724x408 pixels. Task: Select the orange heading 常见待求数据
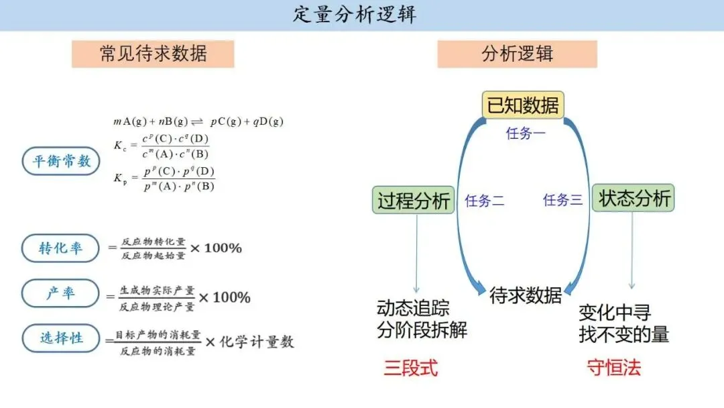tap(153, 54)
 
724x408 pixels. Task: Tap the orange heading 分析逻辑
tap(517, 54)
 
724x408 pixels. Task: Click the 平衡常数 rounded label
tap(61, 161)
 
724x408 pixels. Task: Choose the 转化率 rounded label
tap(61, 248)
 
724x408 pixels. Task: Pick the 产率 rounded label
tap(61, 294)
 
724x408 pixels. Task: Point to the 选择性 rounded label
tap(61, 338)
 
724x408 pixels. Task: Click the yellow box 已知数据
tap(522, 106)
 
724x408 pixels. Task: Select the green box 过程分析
tap(414, 201)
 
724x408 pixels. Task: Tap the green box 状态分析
tap(633, 199)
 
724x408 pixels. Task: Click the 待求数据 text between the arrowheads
tap(526, 295)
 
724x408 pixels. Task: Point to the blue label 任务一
tap(526, 134)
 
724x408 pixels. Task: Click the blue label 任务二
tap(485, 201)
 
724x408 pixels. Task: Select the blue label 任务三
tap(562, 200)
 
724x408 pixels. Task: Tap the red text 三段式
tap(411, 368)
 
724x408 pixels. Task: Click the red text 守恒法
tap(614, 368)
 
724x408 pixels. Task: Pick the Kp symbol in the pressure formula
tap(121, 178)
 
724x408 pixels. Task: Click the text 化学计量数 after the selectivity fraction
tap(258, 342)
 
